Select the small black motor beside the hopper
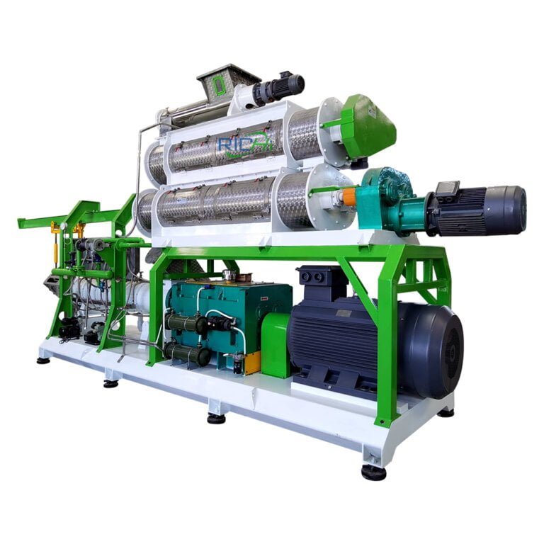point(281,89)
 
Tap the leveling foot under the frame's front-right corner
point(373,472)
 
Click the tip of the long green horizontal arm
point(21,224)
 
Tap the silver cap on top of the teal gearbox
point(229,274)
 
